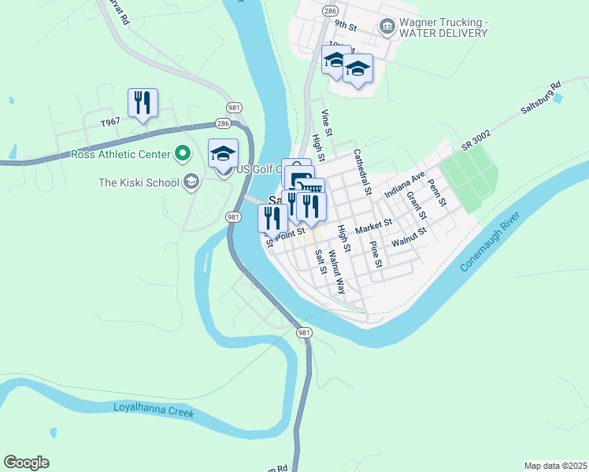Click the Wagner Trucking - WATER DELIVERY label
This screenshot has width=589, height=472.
click(x=443, y=28)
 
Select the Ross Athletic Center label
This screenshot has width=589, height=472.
click(x=120, y=153)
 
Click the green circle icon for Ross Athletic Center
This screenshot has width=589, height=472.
click(x=183, y=153)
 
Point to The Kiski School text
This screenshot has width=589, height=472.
click(x=138, y=183)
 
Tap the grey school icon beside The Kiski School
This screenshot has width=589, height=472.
click(x=190, y=183)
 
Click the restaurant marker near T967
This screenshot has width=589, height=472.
click(x=143, y=104)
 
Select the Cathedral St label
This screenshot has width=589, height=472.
click(x=362, y=171)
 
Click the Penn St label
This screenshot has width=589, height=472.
click(x=436, y=192)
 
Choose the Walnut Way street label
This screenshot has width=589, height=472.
click(x=337, y=271)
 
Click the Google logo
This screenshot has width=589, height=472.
click(x=26, y=463)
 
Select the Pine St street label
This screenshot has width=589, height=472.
click(x=376, y=255)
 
